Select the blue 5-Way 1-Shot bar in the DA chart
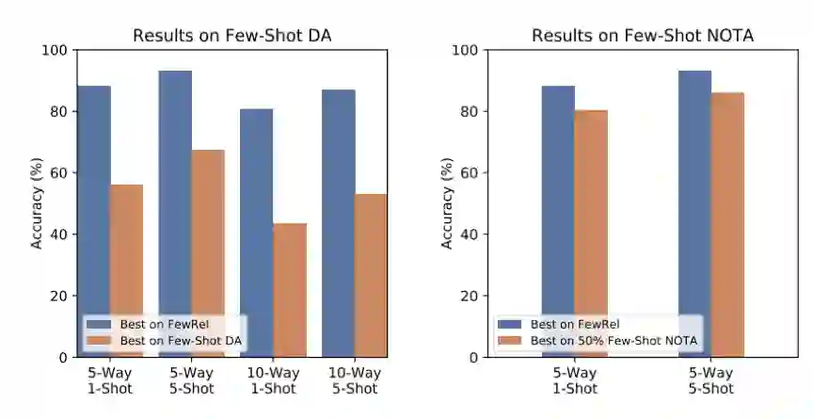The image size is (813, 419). point(93,207)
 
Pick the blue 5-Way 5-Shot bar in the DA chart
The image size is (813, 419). point(175,188)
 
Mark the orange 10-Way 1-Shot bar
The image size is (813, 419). point(289,282)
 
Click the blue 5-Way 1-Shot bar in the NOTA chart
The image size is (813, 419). point(558,207)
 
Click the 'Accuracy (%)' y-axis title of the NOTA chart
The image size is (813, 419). point(446,203)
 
